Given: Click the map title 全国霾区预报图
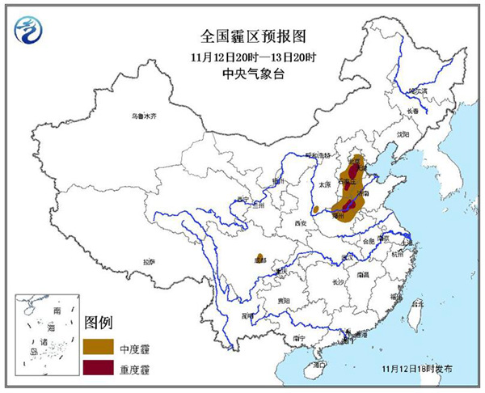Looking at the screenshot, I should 242,37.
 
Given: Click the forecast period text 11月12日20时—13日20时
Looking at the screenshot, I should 242,58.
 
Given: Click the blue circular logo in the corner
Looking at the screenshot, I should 29,30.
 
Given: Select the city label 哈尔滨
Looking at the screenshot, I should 415,92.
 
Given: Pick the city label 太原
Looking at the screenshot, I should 326,184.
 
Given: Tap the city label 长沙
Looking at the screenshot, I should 338,281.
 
